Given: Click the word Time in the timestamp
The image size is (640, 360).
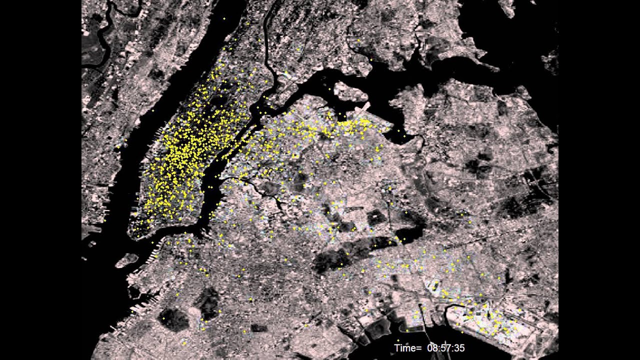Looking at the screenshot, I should click(x=403, y=348).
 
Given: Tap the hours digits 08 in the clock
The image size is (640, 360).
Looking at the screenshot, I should click(x=433, y=348).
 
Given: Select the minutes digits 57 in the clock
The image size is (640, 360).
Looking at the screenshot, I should click(x=446, y=348).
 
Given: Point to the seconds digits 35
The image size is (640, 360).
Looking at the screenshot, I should click(x=459, y=348).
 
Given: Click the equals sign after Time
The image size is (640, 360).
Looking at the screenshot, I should click(x=417, y=348).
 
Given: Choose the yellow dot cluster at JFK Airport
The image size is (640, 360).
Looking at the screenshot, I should click(x=487, y=320).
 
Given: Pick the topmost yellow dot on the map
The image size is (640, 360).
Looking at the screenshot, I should click(x=224, y=18).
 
